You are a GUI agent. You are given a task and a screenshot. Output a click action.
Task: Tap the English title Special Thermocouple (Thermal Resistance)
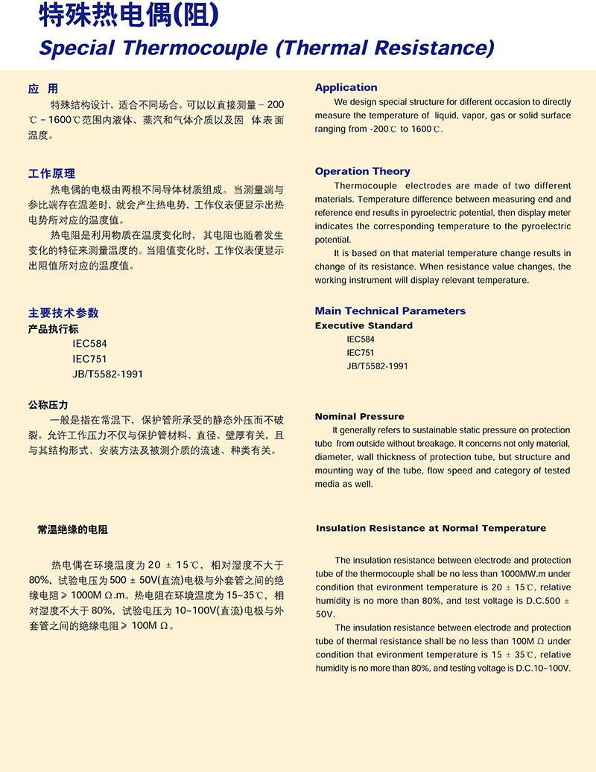point(266,48)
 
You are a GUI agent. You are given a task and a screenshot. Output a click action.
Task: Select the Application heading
point(346,88)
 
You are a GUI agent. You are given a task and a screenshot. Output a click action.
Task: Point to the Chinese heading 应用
point(42,89)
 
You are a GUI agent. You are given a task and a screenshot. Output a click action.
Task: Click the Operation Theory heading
point(362,171)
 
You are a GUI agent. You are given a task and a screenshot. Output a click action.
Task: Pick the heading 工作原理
point(51,173)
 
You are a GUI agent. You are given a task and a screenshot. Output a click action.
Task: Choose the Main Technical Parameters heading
point(390,311)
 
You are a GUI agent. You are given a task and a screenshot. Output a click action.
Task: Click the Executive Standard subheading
point(364,326)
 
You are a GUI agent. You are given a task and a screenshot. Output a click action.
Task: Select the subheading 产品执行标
point(53,328)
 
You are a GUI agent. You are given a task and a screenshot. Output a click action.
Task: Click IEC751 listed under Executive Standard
point(361,353)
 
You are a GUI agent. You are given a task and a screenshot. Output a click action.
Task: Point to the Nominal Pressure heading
point(359,417)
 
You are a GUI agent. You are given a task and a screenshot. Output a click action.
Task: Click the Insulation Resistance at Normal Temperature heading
point(431,529)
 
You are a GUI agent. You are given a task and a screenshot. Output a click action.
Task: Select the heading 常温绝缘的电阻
point(72,530)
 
